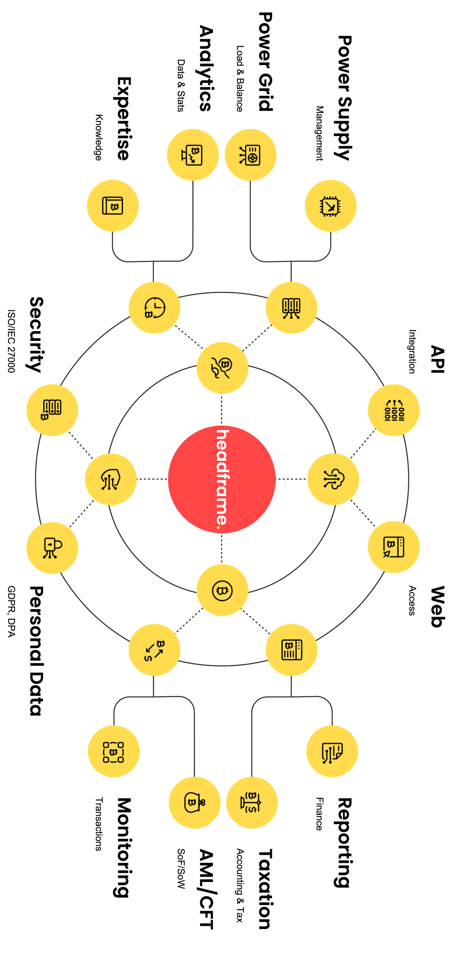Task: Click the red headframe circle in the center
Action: [222, 479]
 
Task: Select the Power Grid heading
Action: [265, 62]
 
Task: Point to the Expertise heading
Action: [124, 119]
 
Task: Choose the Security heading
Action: [36, 334]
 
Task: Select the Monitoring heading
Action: [123, 847]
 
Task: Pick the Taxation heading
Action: [265, 889]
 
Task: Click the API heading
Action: [437, 359]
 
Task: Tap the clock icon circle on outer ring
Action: [154, 308]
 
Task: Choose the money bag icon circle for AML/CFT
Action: [194, 802]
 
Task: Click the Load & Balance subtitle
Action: [240, 79]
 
